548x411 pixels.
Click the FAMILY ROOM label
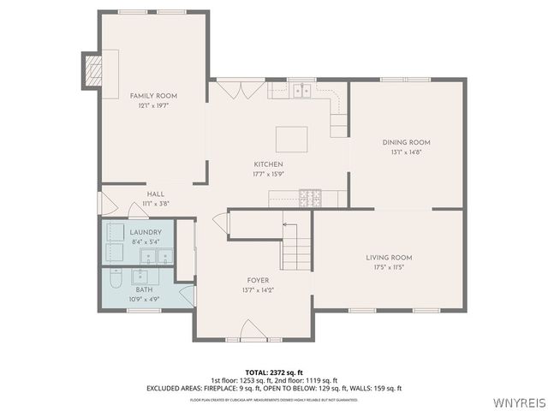153,96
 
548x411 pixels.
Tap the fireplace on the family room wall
92,69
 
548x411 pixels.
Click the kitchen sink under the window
301,89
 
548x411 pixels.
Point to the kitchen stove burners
310,199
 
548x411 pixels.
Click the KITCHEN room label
268,164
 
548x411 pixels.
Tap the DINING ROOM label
406,142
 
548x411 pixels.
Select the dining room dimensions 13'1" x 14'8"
406,152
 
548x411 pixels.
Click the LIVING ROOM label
390,258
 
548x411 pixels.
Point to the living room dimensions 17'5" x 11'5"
390,267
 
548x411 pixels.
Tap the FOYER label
259,280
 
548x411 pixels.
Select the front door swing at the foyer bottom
253,330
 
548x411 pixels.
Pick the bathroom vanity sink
141,277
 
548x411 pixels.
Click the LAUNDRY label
146,232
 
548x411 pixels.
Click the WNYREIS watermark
517,402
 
